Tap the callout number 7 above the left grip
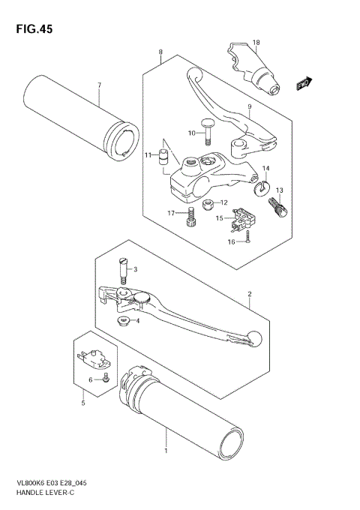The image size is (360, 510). (98, 84)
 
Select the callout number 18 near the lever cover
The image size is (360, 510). (256, 42)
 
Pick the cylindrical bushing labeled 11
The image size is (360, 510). (160, 157)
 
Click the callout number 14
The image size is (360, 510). (265, 168)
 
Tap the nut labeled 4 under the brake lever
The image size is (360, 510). (120, 321)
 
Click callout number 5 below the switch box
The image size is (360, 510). (83, 403)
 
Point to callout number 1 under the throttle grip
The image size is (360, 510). (166, 451)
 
